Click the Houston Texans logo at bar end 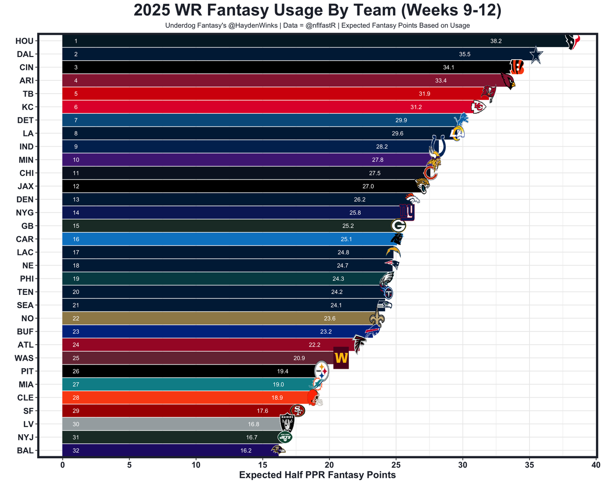(572, 41)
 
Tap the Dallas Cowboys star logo (536, 55)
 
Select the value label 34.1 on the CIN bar (448, 68)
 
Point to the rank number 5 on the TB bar (76, 94)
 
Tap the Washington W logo (341, 358)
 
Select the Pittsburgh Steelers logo (321, 371)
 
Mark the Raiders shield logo (287, 422)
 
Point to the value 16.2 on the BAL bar (246, 451)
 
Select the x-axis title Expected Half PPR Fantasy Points (317, 475)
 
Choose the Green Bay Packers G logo (398, 226)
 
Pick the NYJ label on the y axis (25, 437)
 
